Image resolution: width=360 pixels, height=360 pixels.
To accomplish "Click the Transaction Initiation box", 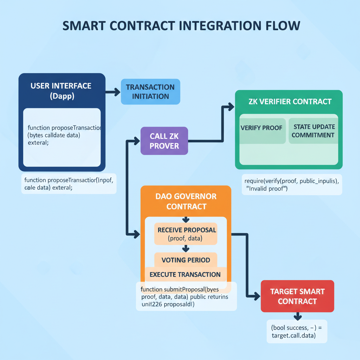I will [150, 91].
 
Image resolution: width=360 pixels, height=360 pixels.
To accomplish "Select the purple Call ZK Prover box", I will [164, 141].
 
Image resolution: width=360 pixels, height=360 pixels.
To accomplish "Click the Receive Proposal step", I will [186, 234].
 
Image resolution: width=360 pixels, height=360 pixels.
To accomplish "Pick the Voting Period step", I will [186, 260].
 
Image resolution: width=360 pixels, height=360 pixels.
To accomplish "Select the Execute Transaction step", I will [185, 275].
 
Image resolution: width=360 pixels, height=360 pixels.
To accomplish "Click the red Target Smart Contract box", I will [297, 296].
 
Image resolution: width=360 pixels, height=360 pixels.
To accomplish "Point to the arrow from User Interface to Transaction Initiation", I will [113, 92].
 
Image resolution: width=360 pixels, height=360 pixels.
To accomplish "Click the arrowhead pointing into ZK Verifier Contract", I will [231, 106].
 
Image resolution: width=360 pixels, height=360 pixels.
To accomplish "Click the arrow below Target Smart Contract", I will [297, 315].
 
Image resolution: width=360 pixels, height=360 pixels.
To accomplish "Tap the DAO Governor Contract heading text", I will [186, 201].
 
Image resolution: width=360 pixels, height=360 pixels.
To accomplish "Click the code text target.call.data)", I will [294, 336].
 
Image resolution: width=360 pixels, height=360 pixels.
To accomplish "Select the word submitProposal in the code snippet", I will [184, 290].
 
